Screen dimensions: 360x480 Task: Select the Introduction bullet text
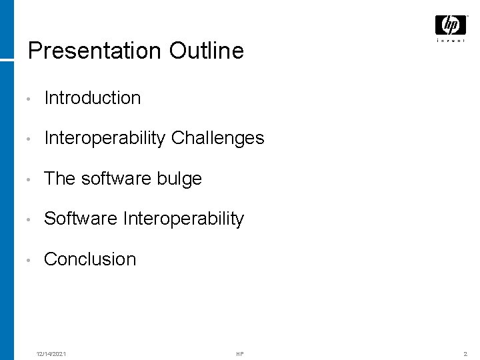92,98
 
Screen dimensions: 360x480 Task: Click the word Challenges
218,139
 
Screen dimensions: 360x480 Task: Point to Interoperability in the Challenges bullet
105,139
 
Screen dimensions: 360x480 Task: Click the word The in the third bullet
59,179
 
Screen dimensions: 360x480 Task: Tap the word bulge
179,179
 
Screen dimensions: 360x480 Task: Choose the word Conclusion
90,259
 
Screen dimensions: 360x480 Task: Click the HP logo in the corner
451,25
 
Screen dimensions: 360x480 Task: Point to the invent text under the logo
451,41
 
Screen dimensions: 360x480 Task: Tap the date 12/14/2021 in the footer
51,353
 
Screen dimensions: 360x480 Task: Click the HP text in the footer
240,353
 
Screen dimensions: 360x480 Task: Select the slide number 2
465,353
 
